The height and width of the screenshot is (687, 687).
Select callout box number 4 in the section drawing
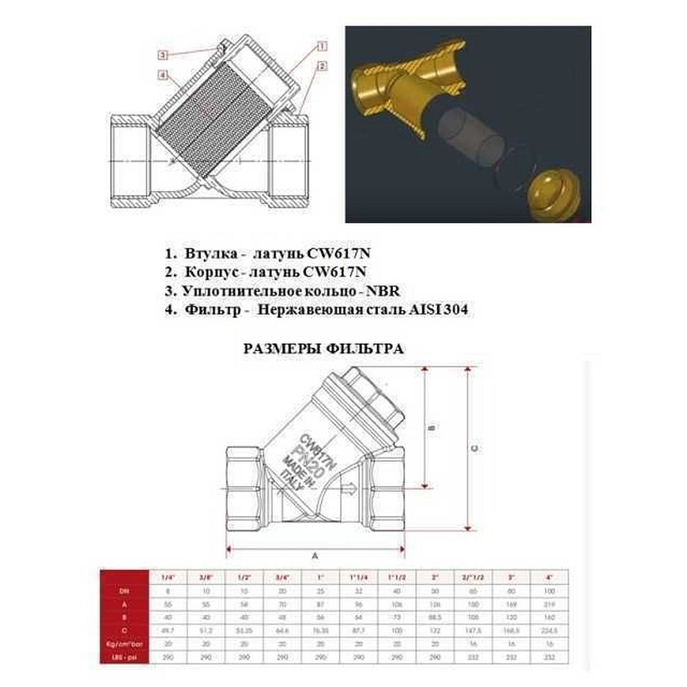164,74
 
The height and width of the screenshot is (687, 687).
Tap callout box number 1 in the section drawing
322,46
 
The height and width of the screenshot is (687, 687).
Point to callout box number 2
322,66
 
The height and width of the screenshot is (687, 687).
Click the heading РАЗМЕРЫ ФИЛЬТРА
324,348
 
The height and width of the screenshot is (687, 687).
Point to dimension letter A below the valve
315,554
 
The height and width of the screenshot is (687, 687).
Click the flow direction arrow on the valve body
347,489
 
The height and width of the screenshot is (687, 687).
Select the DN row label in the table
125,589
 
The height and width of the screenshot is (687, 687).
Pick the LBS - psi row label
125,657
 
